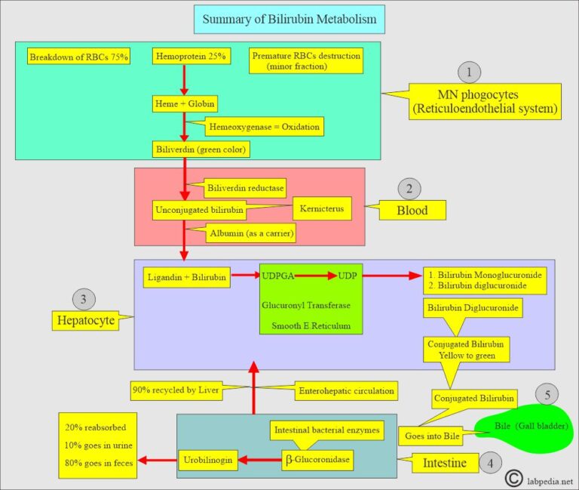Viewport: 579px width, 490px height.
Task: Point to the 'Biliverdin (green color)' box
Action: pos(201,149)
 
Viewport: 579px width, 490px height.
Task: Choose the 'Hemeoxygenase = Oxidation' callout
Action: pos(264,127)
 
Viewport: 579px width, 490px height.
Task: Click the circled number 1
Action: pos(469,72)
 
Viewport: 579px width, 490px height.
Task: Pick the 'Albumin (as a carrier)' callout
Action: pos(251,235)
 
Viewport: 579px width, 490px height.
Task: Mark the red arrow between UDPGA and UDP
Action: pos(314,275)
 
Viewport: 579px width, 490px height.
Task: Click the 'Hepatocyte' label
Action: pos(86,321)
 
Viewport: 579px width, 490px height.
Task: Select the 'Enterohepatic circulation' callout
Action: pos(346,393)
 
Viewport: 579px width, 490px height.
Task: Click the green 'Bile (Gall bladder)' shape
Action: pos(522,431)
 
